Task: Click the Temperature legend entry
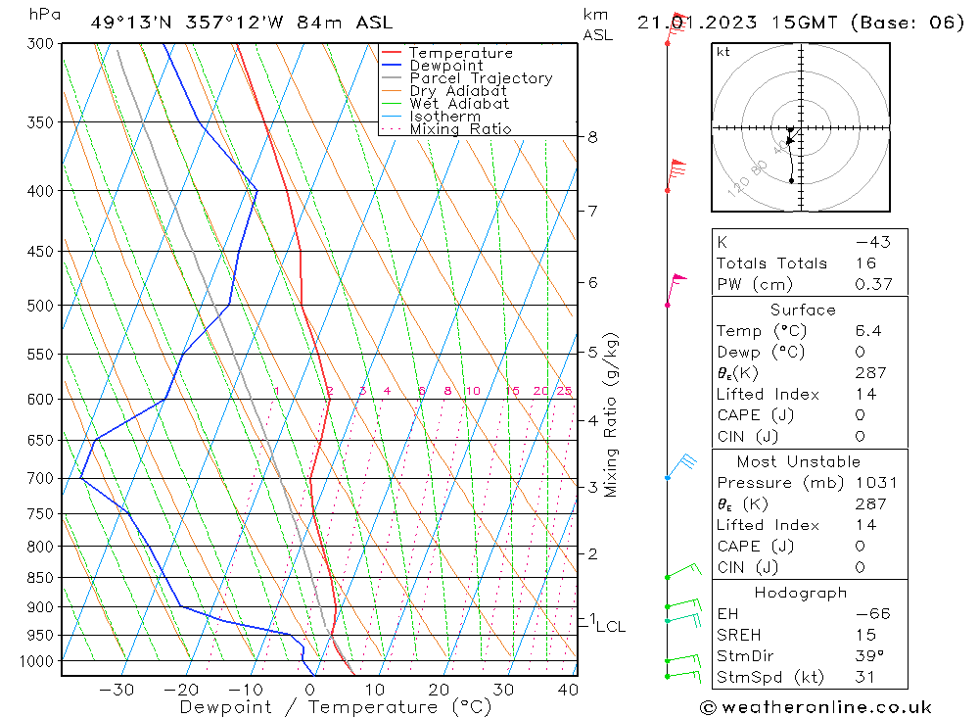[460, 53]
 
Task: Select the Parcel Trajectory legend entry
[481, 78]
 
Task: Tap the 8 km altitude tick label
[592, 137]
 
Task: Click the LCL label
[610, 627]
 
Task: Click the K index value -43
[872, 242]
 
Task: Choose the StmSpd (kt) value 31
[865, 677]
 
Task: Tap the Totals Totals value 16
[863, 263]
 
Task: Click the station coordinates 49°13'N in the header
[125, 23]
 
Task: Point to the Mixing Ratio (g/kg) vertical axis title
[611, 414]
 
